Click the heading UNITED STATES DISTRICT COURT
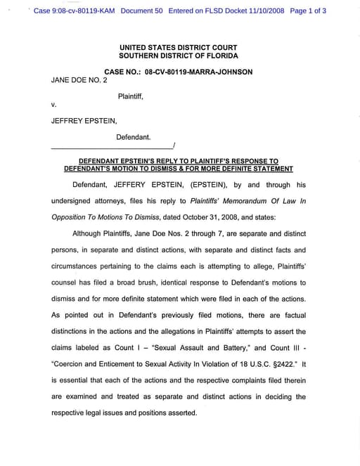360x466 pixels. pos(179,47)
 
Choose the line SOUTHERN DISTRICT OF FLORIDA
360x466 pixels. pos(179,56)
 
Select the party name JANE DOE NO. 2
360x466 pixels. pos(79,80)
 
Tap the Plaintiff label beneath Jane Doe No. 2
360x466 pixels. pos(130,96)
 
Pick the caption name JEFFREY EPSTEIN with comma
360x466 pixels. pos(84,121)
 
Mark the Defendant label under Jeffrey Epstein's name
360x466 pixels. pos(133,137)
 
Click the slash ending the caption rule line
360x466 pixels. pos(174,145)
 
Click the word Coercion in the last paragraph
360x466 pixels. pos(75,364)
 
